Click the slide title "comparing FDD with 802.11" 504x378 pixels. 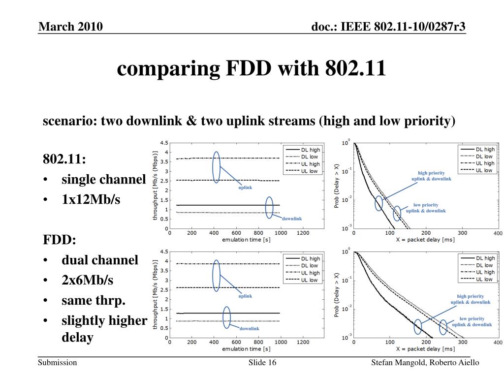point(251,68)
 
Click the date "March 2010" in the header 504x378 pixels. point(71,27)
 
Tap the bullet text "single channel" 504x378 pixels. point(103,180)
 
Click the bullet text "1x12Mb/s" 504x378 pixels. point(91,200)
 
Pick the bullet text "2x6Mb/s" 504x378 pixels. point(87,280)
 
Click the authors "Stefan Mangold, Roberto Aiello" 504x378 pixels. point(425,363)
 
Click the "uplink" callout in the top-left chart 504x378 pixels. point(246,188)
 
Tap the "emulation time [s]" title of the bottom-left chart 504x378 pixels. point(246,348)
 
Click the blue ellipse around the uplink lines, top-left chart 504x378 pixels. point(216,167)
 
